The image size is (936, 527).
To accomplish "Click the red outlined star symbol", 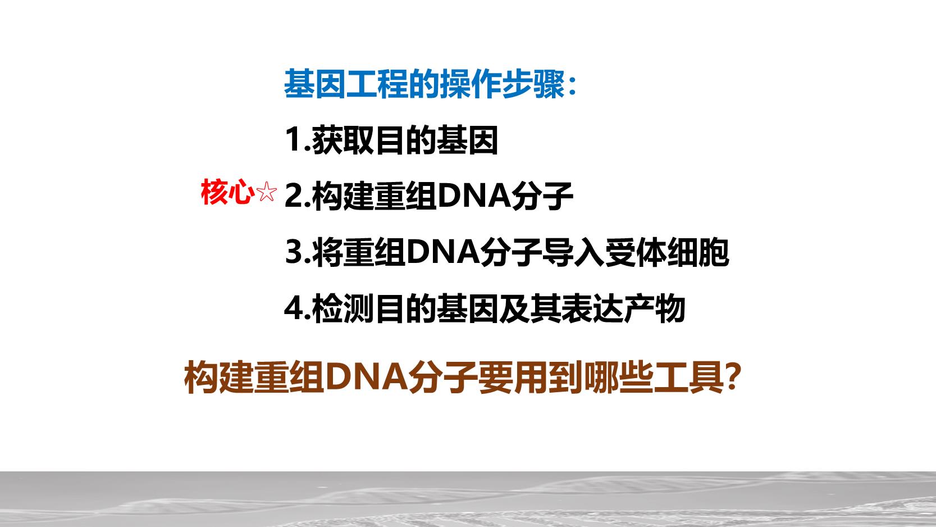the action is (266, 192).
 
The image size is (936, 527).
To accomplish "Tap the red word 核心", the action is (228, 192).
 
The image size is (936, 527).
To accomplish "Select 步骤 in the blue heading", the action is (533, 84).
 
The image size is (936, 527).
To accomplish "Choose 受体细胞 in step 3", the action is (667, 252).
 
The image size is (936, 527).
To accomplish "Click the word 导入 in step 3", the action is (573, 252).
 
